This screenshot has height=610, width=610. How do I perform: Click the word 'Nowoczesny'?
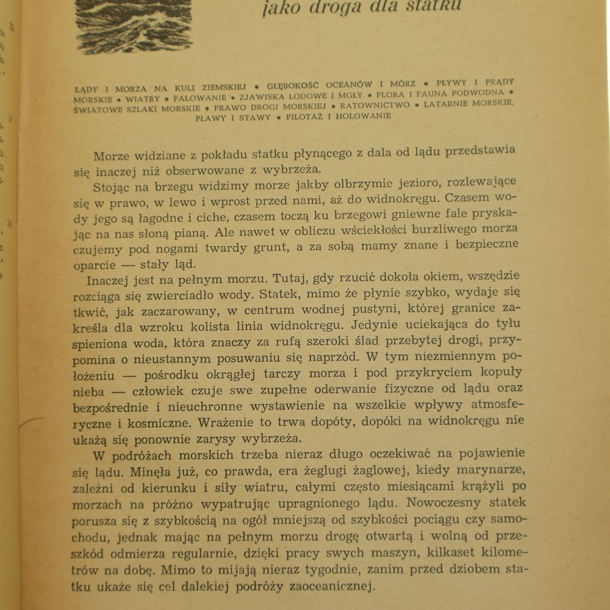(x=436, y=503)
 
